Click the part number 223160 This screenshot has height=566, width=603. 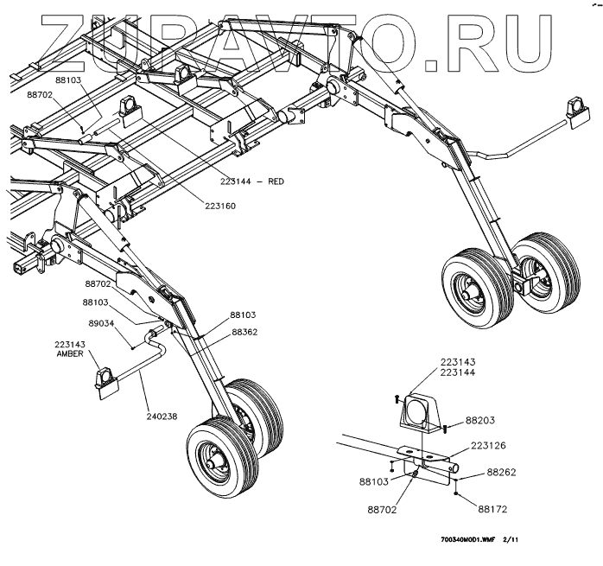[220, 206]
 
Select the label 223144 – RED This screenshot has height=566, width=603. [252, 181]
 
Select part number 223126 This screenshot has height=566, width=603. [490, 446]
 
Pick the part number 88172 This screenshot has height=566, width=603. [493, 509]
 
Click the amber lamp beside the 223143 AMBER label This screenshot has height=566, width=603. [105, 378]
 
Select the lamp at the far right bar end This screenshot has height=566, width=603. [574, 111]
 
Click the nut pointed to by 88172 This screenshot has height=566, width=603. [455, 496]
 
